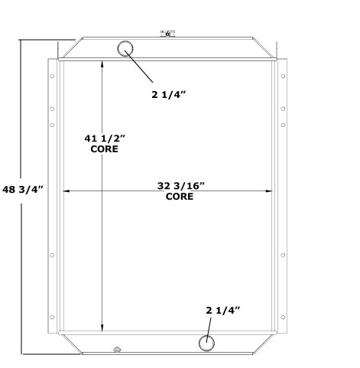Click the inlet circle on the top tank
click(125, 49)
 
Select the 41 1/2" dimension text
click(105, 138)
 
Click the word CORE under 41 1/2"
click(105, 149)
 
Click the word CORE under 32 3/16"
click(180, 197)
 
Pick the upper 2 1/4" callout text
click(168, 96)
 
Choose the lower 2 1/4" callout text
click(223, 310)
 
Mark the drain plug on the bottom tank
click(116, 351)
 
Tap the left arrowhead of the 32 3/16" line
click(66, 191)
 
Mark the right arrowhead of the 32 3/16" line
click(271, 191)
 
